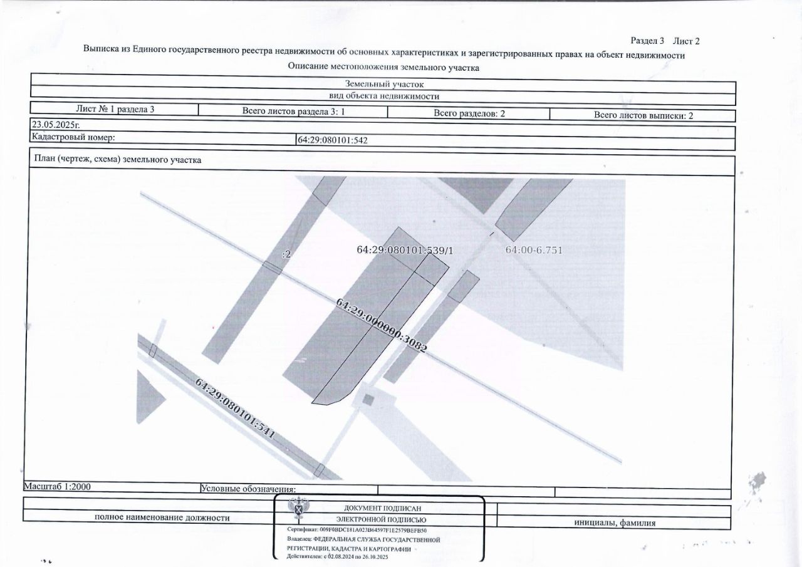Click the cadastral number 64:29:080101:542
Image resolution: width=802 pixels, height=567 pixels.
point(332,140)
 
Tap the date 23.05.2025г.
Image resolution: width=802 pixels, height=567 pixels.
point(56,125)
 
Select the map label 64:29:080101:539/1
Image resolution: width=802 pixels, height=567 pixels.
point(404,250)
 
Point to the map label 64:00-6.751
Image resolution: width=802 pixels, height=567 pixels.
point(534,250)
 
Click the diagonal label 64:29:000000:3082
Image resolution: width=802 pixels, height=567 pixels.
point(382,325)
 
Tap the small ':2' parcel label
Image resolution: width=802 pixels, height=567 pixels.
point(286,254)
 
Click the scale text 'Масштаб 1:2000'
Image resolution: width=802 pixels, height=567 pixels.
point(58,486)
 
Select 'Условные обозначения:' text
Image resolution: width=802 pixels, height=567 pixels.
point(248,489)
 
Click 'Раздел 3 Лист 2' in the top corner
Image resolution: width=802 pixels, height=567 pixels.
point(664,41)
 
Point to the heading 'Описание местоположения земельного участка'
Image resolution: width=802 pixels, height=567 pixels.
point(383,67)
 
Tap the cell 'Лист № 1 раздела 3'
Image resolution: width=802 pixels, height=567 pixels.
point(115,109)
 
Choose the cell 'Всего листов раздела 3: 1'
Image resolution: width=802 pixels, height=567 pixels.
point(294,112)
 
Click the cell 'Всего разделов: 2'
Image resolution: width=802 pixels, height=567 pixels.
point(469,113)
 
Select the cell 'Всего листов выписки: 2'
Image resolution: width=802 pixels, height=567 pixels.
point(643,115)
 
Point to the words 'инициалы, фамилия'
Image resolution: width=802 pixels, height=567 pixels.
point(615,523)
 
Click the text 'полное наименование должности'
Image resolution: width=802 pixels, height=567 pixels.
point(162,518)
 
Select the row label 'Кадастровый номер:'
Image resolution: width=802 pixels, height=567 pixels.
point(73,137)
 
